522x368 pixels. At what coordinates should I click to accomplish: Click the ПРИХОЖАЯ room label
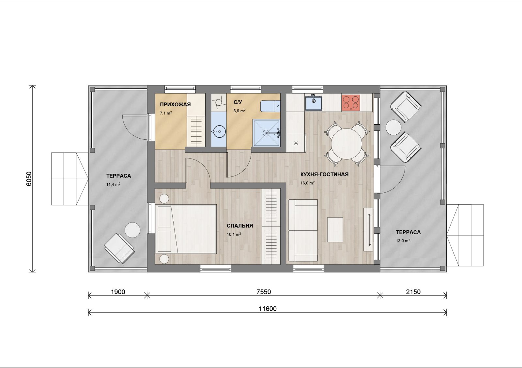(x=175, y=104)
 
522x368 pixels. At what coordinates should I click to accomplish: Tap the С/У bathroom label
(x=238, y=102)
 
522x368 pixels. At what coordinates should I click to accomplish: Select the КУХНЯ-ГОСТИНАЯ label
(x=324, y=174)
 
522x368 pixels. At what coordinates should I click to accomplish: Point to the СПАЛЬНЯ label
(x=240, y=226)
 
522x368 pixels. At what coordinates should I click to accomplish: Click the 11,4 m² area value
(x=113, y=184)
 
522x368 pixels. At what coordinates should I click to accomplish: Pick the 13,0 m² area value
(x=403, y=240)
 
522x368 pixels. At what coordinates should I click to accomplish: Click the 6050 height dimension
(x=29, y=179)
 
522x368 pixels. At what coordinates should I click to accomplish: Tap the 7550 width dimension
(x=264, y=292)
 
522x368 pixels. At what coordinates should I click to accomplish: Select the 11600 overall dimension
(x=268, y=309)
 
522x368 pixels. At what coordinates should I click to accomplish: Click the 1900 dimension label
(x=118, y=292)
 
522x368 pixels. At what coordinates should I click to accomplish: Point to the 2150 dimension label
(x=413, y=292)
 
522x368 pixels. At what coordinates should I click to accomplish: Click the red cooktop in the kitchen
(x=351, y=102)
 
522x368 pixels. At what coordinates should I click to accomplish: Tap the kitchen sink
(x=314, y=102)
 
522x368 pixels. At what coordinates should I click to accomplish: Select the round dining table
(x=346, y=144)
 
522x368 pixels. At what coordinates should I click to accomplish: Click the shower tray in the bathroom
(x=266, y=133)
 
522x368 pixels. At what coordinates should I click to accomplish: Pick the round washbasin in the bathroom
(x=219, y=132)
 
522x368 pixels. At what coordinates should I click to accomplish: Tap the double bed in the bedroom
(x=186, y=229)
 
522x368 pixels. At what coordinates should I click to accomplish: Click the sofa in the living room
(x=303, y=230)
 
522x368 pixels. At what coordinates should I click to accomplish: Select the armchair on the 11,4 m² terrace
(x=119, y=249)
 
